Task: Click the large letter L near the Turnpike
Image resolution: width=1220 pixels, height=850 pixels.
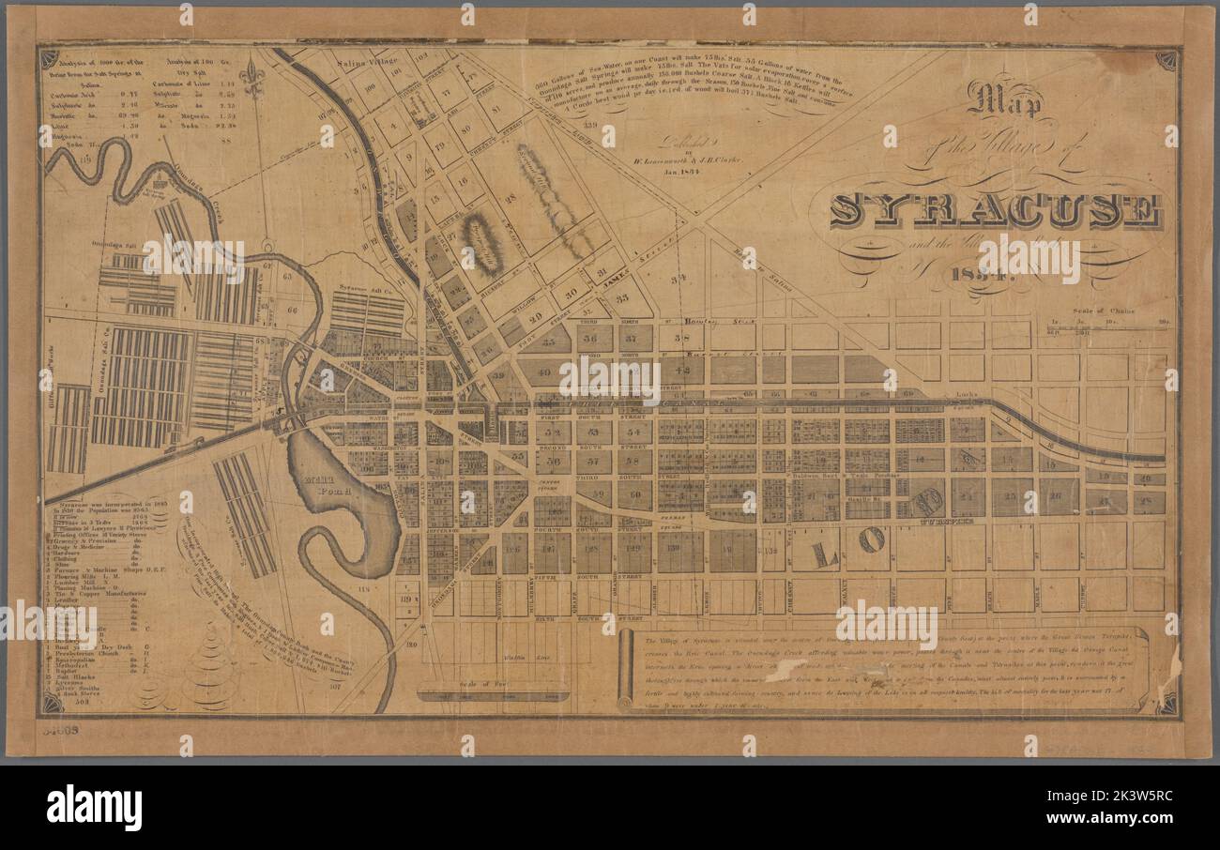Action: (x=825, y=554)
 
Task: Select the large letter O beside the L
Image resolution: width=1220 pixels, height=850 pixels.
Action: (x=870, y=539)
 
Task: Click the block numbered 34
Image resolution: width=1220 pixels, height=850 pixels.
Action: (x=679, y=277)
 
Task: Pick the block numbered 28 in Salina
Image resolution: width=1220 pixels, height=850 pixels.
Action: (x=511, y=198)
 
